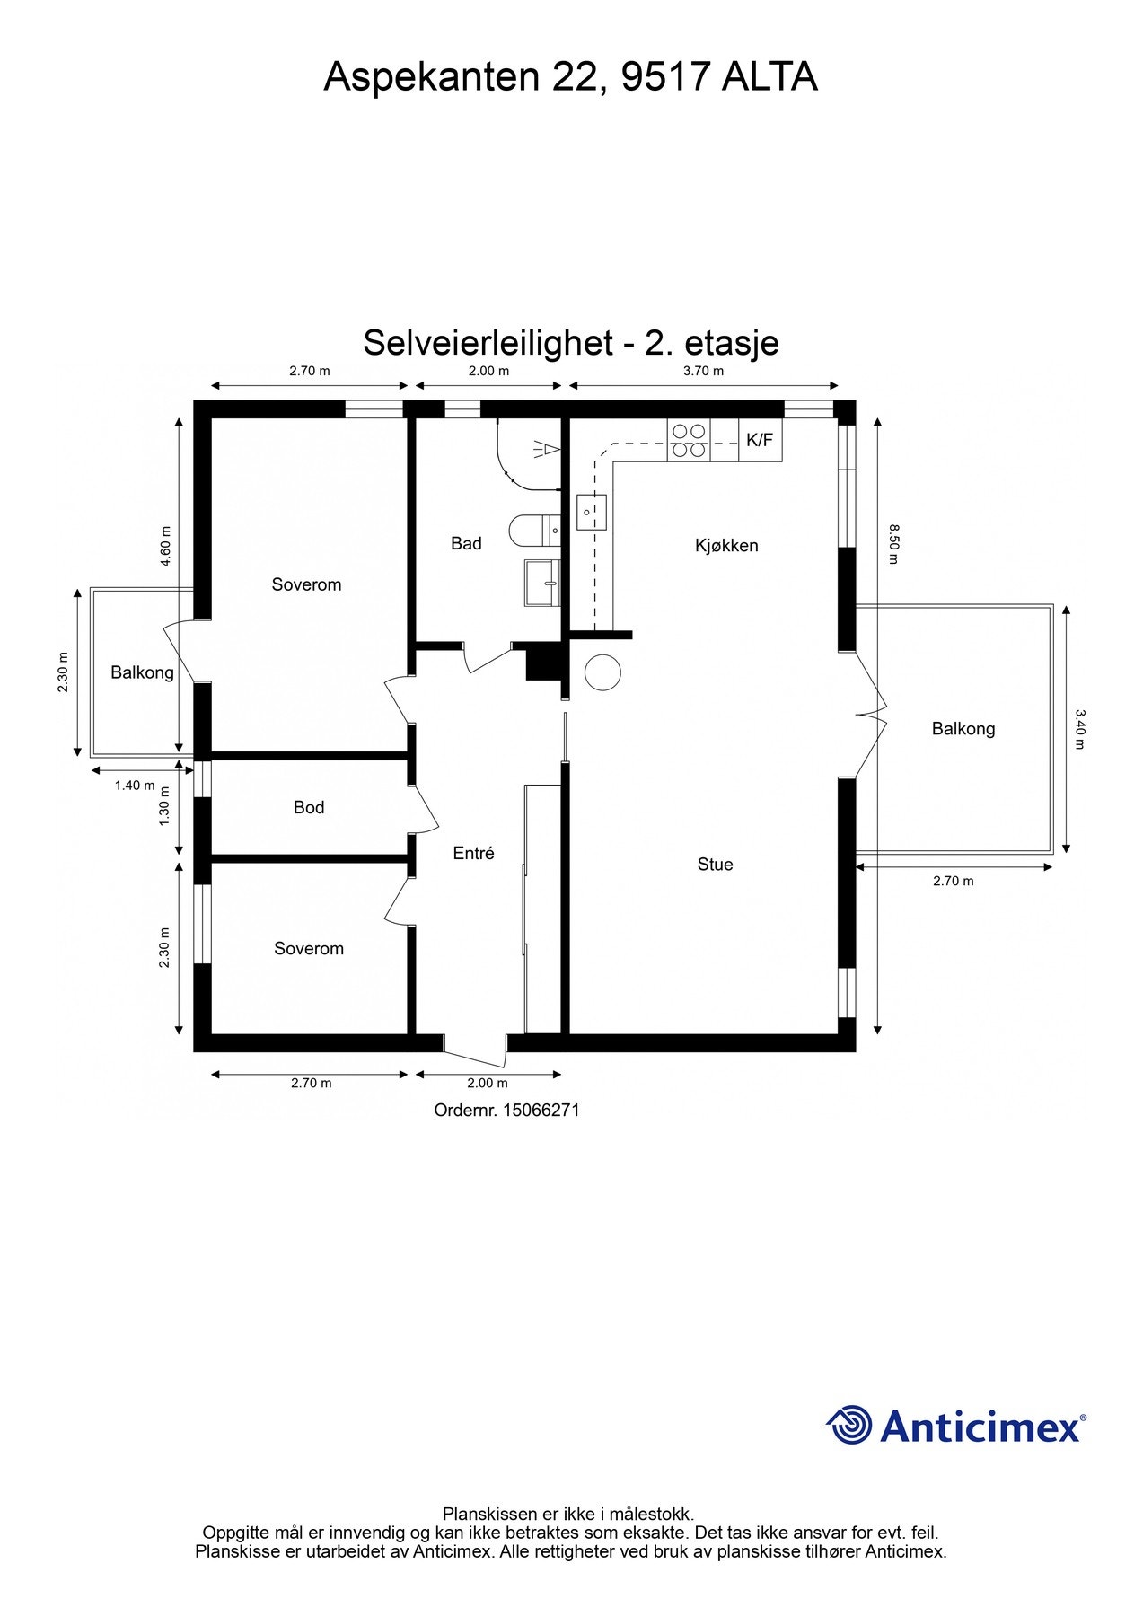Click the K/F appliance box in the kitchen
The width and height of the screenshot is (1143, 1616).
tap(760, 440)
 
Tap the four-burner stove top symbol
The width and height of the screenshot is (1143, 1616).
tap(689, 441)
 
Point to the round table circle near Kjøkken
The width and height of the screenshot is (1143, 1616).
tap(602, 672)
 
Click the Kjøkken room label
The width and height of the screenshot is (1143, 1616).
tap(726, 545)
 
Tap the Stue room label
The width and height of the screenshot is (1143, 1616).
tap(715, 865)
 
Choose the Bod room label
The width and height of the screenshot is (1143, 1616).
tap(309, 808)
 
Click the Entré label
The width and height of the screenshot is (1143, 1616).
tap(473, 854)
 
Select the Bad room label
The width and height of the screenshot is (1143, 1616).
tap(466, 543)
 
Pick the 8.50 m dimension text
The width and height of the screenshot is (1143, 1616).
tap(892, 545)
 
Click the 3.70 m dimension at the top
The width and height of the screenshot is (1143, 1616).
tap(703, 371)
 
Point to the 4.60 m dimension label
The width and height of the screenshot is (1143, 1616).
tap(165, 546)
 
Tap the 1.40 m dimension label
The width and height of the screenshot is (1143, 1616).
tap(135, 786)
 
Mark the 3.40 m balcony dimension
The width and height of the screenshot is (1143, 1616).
tap(1080, 729)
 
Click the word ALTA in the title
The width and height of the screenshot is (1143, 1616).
tap(769, 77)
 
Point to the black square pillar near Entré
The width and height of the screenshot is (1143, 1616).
tap(542, 663)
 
